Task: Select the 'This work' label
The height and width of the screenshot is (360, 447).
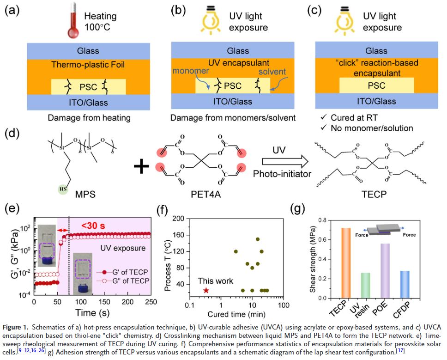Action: (x=216, y=281)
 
